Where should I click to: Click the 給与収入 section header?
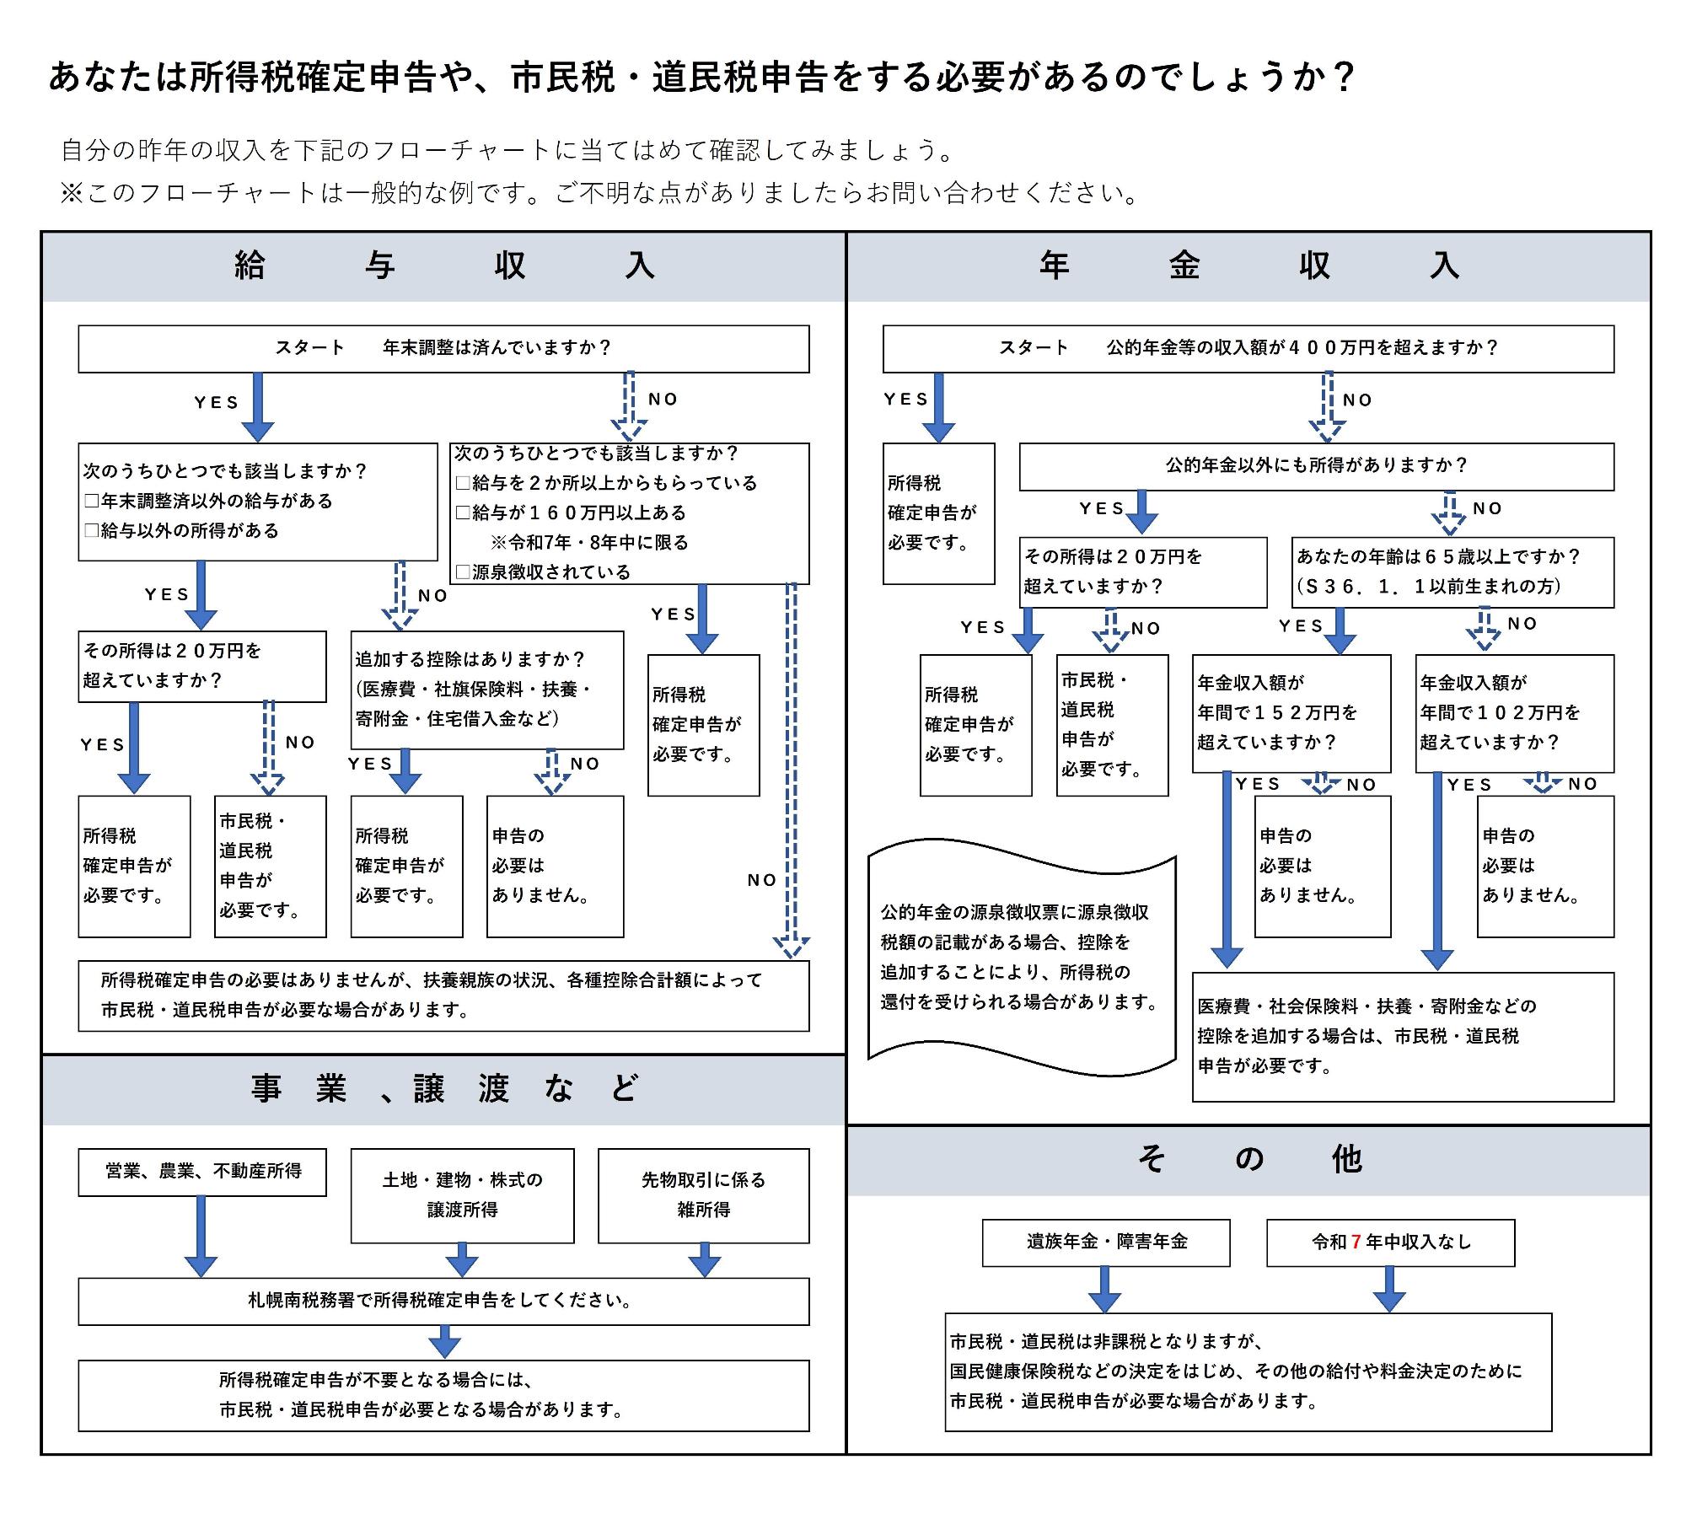[443, 266]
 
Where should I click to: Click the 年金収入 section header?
[1248, 266]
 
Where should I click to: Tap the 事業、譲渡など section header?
[443, 1089]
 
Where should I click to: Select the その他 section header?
[1248, 1160]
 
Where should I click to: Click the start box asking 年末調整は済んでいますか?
[443, 348]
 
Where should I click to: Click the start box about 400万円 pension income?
[1248, 348]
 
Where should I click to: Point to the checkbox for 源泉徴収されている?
[463, 572]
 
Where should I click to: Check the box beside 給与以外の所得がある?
[92, 531]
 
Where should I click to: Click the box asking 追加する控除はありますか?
[487, 690]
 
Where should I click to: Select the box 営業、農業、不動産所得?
[202, 1171]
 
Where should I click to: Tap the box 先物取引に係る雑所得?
[703, 1194]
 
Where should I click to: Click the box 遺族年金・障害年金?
[1105, 1242]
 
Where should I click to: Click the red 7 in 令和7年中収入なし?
[1356, 1242]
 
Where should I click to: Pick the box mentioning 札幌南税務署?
[443, 1301]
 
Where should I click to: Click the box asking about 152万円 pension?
[1291, 712]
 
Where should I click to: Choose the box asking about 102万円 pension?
[1514, 712]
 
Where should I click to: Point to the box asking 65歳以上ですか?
[1452, 572]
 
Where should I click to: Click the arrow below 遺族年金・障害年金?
[1104, 1289]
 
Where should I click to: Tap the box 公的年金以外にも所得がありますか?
[1316, 466]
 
